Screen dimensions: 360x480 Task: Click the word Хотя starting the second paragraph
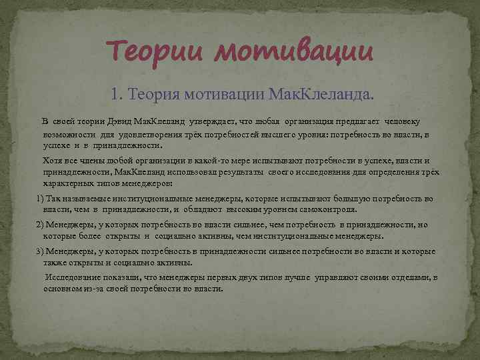coord(53,161)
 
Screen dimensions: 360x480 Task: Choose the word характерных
coord(66,182)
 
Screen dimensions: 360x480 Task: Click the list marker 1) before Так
coord(39,199)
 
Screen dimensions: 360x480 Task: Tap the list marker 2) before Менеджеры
coord(39,225)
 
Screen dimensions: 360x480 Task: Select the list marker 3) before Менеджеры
coord(39,251)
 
